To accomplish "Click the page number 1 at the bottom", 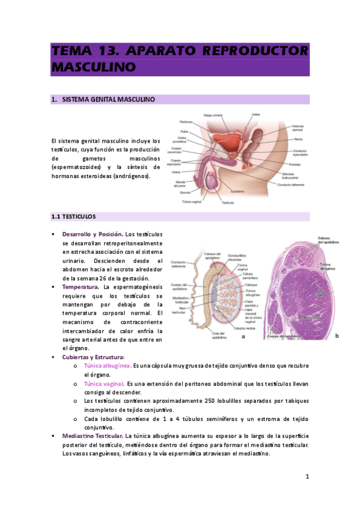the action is pyautogui.click(x=307, y=477).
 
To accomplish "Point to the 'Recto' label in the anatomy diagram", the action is pyautogui.click(x=298, y=139).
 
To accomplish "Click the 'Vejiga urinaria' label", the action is pyautogui.click(x=213, y=114).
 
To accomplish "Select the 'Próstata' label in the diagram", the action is pyautogui.click(x=294, y=164).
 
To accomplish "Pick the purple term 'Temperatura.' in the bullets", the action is pyautogui.click(x=81, y=287).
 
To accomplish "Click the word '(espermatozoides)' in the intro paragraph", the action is pyautogui.click(x=75, y=167).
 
